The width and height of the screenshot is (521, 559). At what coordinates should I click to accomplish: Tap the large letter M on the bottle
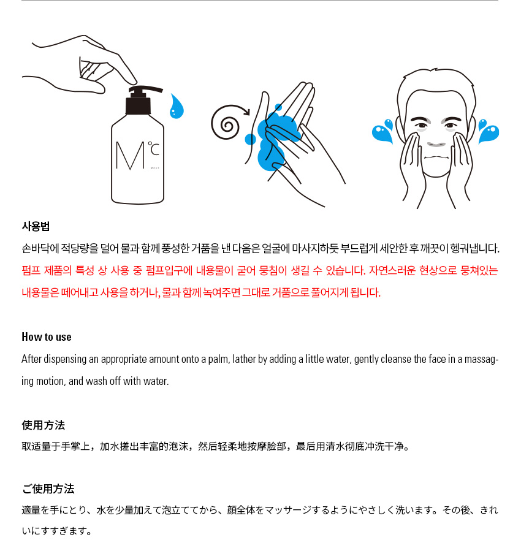tap(131, 156)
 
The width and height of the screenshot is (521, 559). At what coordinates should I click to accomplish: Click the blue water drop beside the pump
tap(177, 106)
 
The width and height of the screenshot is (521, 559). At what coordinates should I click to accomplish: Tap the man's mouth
tap(436, 157)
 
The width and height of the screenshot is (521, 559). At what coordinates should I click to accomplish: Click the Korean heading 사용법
tap(36, 226)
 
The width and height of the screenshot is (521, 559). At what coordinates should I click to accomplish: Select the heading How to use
tap(47, 337)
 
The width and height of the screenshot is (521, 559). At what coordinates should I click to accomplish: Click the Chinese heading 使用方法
tap(43, 425)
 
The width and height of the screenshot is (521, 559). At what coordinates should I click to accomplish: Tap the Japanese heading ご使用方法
tap(48, 489)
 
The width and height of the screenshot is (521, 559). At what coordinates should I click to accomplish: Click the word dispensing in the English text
tap(65, 359)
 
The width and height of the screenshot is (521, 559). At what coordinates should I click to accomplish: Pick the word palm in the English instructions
tap(219, 359)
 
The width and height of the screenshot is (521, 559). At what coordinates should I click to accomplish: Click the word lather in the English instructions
tap(244, 359)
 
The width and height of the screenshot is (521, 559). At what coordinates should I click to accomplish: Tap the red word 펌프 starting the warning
tap(31, 270)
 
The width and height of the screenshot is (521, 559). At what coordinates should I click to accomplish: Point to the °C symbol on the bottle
tap(154, 149)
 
